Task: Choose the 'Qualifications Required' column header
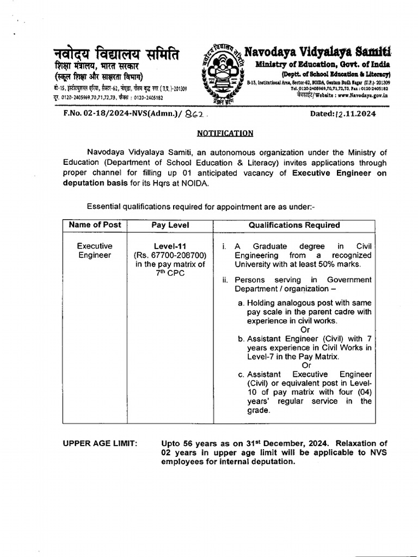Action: coord(294,225)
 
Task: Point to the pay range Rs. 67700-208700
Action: coord(169,255)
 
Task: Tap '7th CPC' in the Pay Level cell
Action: coord(169,273)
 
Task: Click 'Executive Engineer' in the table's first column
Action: coord(95,250)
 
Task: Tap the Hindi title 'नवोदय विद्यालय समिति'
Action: coord(116,54)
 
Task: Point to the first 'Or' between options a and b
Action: coord(305,330)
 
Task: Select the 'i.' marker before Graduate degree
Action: coord(224,246)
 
